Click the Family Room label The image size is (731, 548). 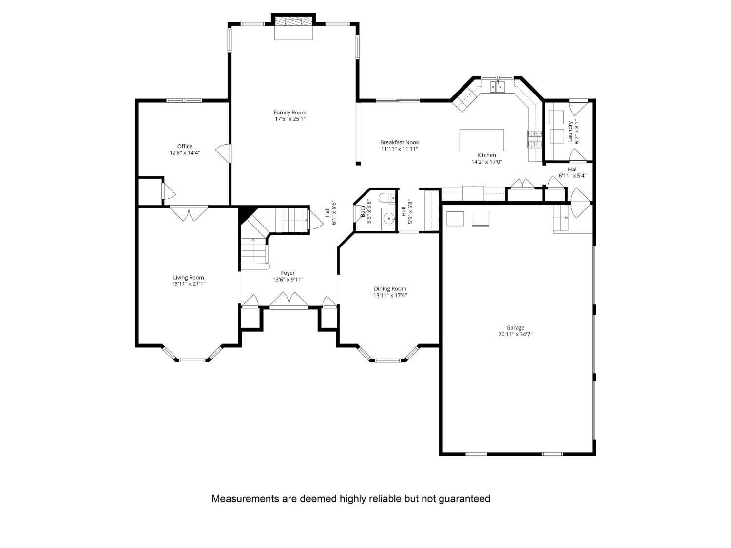click(290, 113)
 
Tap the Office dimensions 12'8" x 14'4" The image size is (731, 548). click(185, 153)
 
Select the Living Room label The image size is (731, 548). click(189, 278)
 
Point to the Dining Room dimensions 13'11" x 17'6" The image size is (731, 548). click(390, 295)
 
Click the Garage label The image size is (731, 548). click(515, 328)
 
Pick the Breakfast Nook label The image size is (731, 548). click(399, 143)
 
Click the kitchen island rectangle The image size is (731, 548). click(481, 140)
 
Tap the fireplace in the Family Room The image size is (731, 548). click(293, 27)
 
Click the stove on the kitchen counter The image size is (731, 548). click(535, 139)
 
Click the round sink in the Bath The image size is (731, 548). click(388, 217)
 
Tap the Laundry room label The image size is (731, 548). click(570, 132)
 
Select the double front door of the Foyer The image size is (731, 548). click(289, 301)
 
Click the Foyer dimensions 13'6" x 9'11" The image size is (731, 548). click(288, 280)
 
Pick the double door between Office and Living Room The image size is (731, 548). click(189, 213)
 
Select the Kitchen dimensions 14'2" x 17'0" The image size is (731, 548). click(486, 162)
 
